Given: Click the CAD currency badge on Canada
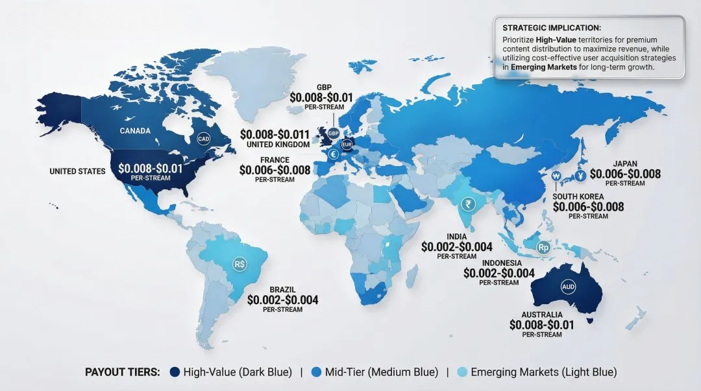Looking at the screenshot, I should coord(204,139).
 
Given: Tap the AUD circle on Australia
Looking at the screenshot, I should coord(568,286).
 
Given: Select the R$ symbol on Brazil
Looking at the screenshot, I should coord(240,265).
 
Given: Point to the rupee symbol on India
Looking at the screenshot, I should coord(466,204).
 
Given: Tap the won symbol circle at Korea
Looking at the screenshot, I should coord(556,175).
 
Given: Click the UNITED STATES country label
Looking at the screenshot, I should coord(77,171).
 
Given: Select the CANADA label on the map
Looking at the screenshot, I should coord(135,131).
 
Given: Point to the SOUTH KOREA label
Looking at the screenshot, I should coord(578,196).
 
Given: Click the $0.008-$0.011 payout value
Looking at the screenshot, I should coord(275,134).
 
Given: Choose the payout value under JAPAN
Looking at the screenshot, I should coord(625,174).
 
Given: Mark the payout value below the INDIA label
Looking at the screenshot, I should coord(456,247).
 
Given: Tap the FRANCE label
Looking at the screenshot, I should coord(275,160).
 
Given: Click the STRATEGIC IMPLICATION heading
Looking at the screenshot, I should coord(552,28).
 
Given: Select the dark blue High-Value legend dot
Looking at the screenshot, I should coord(175,372).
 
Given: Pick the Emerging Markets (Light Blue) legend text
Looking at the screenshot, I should coord(543,372).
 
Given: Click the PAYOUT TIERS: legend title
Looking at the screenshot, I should coord(123,372).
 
